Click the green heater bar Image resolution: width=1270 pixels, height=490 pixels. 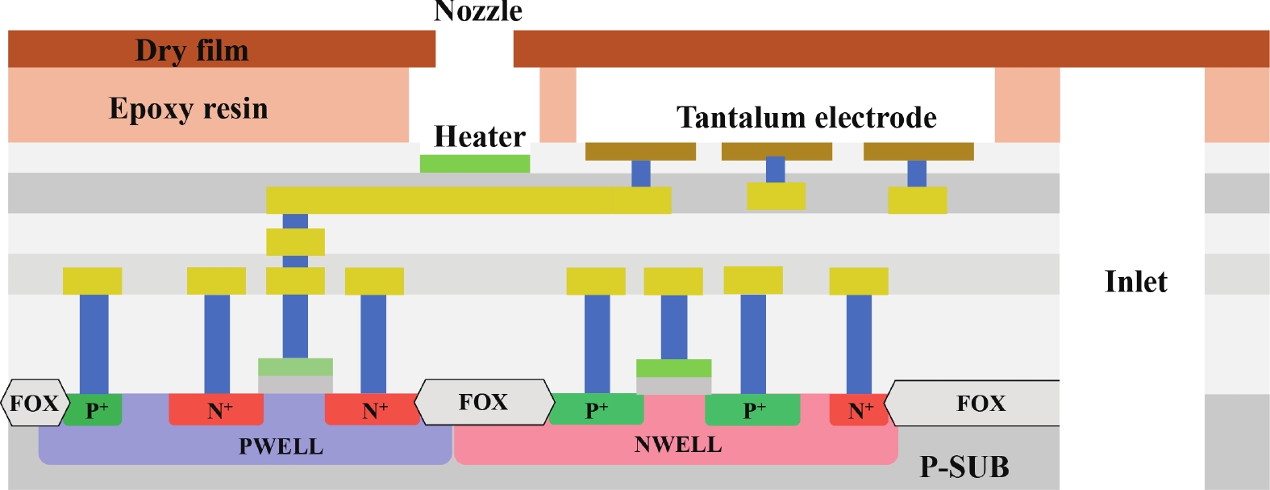pos(474,164)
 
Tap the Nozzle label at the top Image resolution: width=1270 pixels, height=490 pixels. pos(478,11)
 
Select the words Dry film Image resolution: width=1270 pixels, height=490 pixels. pos(192,50)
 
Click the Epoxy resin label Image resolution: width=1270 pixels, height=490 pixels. pos(188,108)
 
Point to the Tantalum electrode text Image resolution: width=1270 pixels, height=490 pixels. pos(806,118)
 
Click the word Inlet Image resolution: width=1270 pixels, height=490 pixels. pos(1135,282)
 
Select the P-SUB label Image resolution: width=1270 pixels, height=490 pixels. pos(964,467)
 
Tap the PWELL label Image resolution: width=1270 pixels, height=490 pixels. pos(281,446)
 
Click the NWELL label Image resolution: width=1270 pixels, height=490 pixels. pos(677,445)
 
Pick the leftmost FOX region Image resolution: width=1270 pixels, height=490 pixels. pos(35,403)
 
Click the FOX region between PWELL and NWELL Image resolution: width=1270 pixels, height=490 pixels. pos(484,402)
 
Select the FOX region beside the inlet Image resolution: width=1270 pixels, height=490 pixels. pos(980,403)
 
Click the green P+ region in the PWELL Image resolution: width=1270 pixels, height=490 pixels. pos(94,410)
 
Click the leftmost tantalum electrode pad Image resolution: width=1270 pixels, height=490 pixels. pos(640,152)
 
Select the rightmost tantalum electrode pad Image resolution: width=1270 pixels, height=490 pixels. pos(918,152)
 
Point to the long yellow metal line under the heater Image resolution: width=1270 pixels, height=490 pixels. pos(468,200)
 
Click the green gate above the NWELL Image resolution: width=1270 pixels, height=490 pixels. pos(673,368)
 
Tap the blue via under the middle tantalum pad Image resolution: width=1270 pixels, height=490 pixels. pos(775,170)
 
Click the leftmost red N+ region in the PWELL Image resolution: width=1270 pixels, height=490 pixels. pos(215,410)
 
